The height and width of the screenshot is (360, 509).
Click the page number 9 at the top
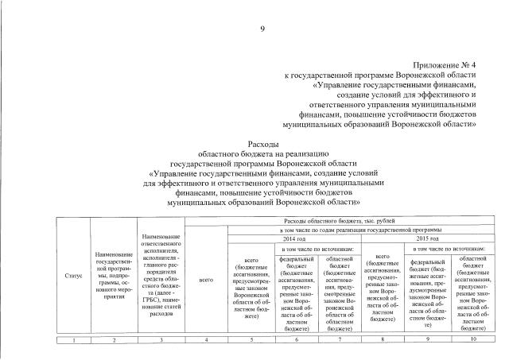click(x=262, y=30)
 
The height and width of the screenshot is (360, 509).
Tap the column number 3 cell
click(x=161, y=340)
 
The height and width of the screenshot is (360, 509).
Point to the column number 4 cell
click(x=206, y=340)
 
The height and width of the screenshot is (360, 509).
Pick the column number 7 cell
click(x=340, y=340)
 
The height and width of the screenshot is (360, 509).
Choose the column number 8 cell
click(x=384, y=340)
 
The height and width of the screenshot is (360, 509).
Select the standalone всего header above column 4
click(x=206, y=280)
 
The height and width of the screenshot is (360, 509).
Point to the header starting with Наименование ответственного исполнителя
click(x=161, y=275)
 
